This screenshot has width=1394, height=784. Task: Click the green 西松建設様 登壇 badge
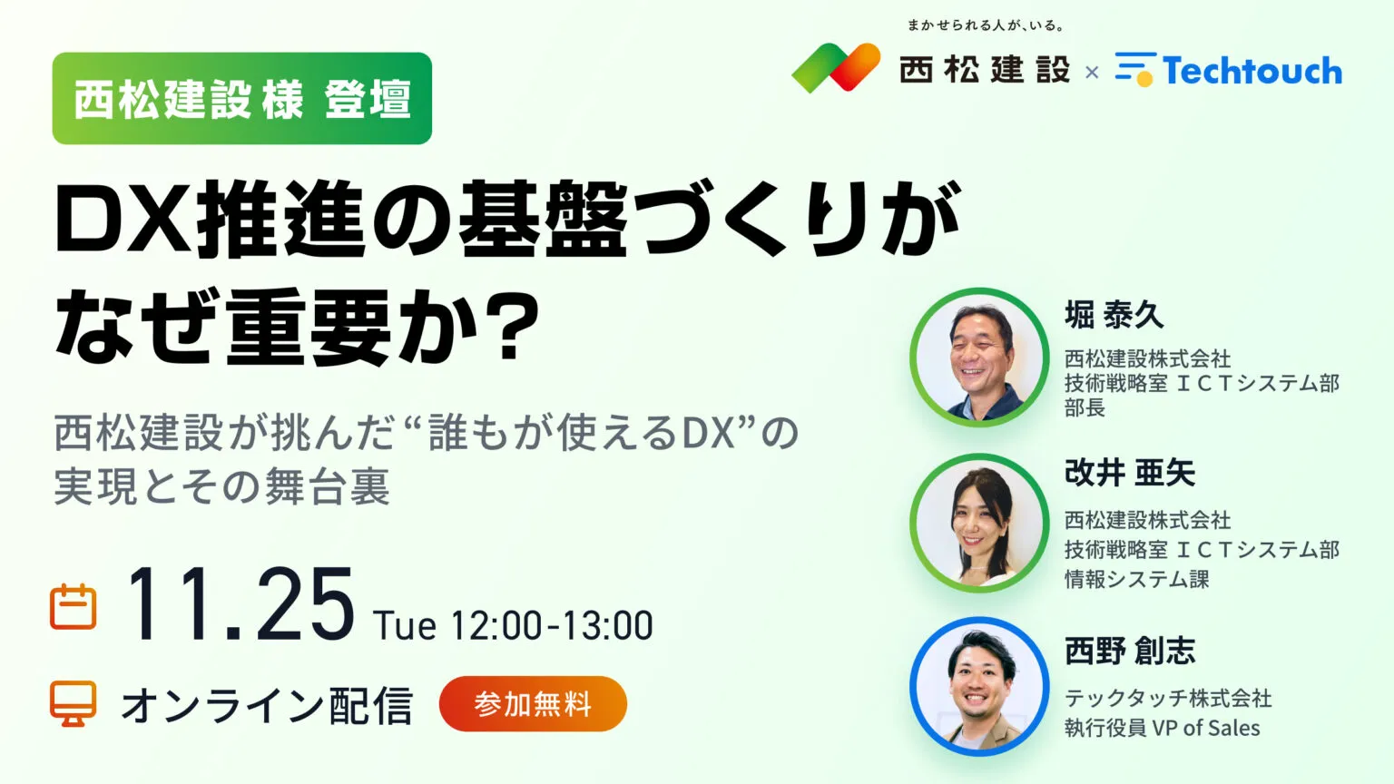tap(241, 99)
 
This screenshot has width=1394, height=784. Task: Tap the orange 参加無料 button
tap(533, 704)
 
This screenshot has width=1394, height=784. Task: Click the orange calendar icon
tap(73, 607)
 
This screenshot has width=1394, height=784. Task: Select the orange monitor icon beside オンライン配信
tap(73, 704)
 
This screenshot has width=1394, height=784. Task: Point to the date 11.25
tap(240, 606)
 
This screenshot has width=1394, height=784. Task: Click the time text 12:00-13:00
tap(551, 626)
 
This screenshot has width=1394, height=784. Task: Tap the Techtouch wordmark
tap(1252, 71)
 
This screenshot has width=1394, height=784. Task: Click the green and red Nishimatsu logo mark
tap(836, 68)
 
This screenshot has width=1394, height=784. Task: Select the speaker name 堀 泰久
tap(1114, 316)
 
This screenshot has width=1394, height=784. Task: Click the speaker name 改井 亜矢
tap(1130, 474)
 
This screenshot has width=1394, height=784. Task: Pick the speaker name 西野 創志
tap(1130, 652)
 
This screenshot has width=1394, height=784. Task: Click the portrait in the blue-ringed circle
tap(979, 687)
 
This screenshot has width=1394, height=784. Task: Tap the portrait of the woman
tap(979, 524)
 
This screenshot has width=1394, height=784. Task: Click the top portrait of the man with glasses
tap(979, 358)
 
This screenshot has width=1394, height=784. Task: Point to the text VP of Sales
tap(1206, 728)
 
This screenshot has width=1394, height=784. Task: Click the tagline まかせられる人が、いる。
tap(986, 25)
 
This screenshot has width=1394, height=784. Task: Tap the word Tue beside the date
tap(405, 626)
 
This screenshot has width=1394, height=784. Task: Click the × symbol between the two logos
tap(1092, 72)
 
